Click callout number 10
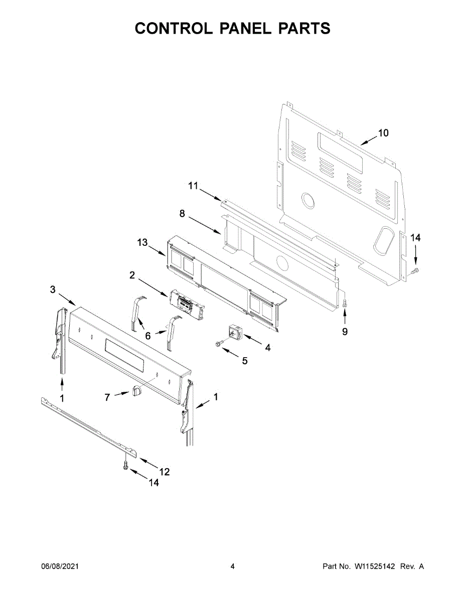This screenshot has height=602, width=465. pos(383,133)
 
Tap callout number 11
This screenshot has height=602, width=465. pos(193,186)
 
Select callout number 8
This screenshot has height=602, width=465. pos(182,214)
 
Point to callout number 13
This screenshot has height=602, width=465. pos(142,242)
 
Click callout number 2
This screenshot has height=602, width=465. pos(132,275)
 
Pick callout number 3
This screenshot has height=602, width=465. pos(53,289)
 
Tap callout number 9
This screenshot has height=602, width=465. pos(345,332)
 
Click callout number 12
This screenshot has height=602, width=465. pos(164,472)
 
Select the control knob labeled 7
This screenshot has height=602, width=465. pos(136,390)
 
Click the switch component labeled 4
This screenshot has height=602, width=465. pos(234,332)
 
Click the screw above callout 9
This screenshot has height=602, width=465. pos(345,302)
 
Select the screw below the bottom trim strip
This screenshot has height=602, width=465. pos(125,466)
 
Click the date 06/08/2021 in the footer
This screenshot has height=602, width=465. pos(60,566)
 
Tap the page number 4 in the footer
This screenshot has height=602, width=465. pos(233,566)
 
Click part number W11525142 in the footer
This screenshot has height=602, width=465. pos(375,566)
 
